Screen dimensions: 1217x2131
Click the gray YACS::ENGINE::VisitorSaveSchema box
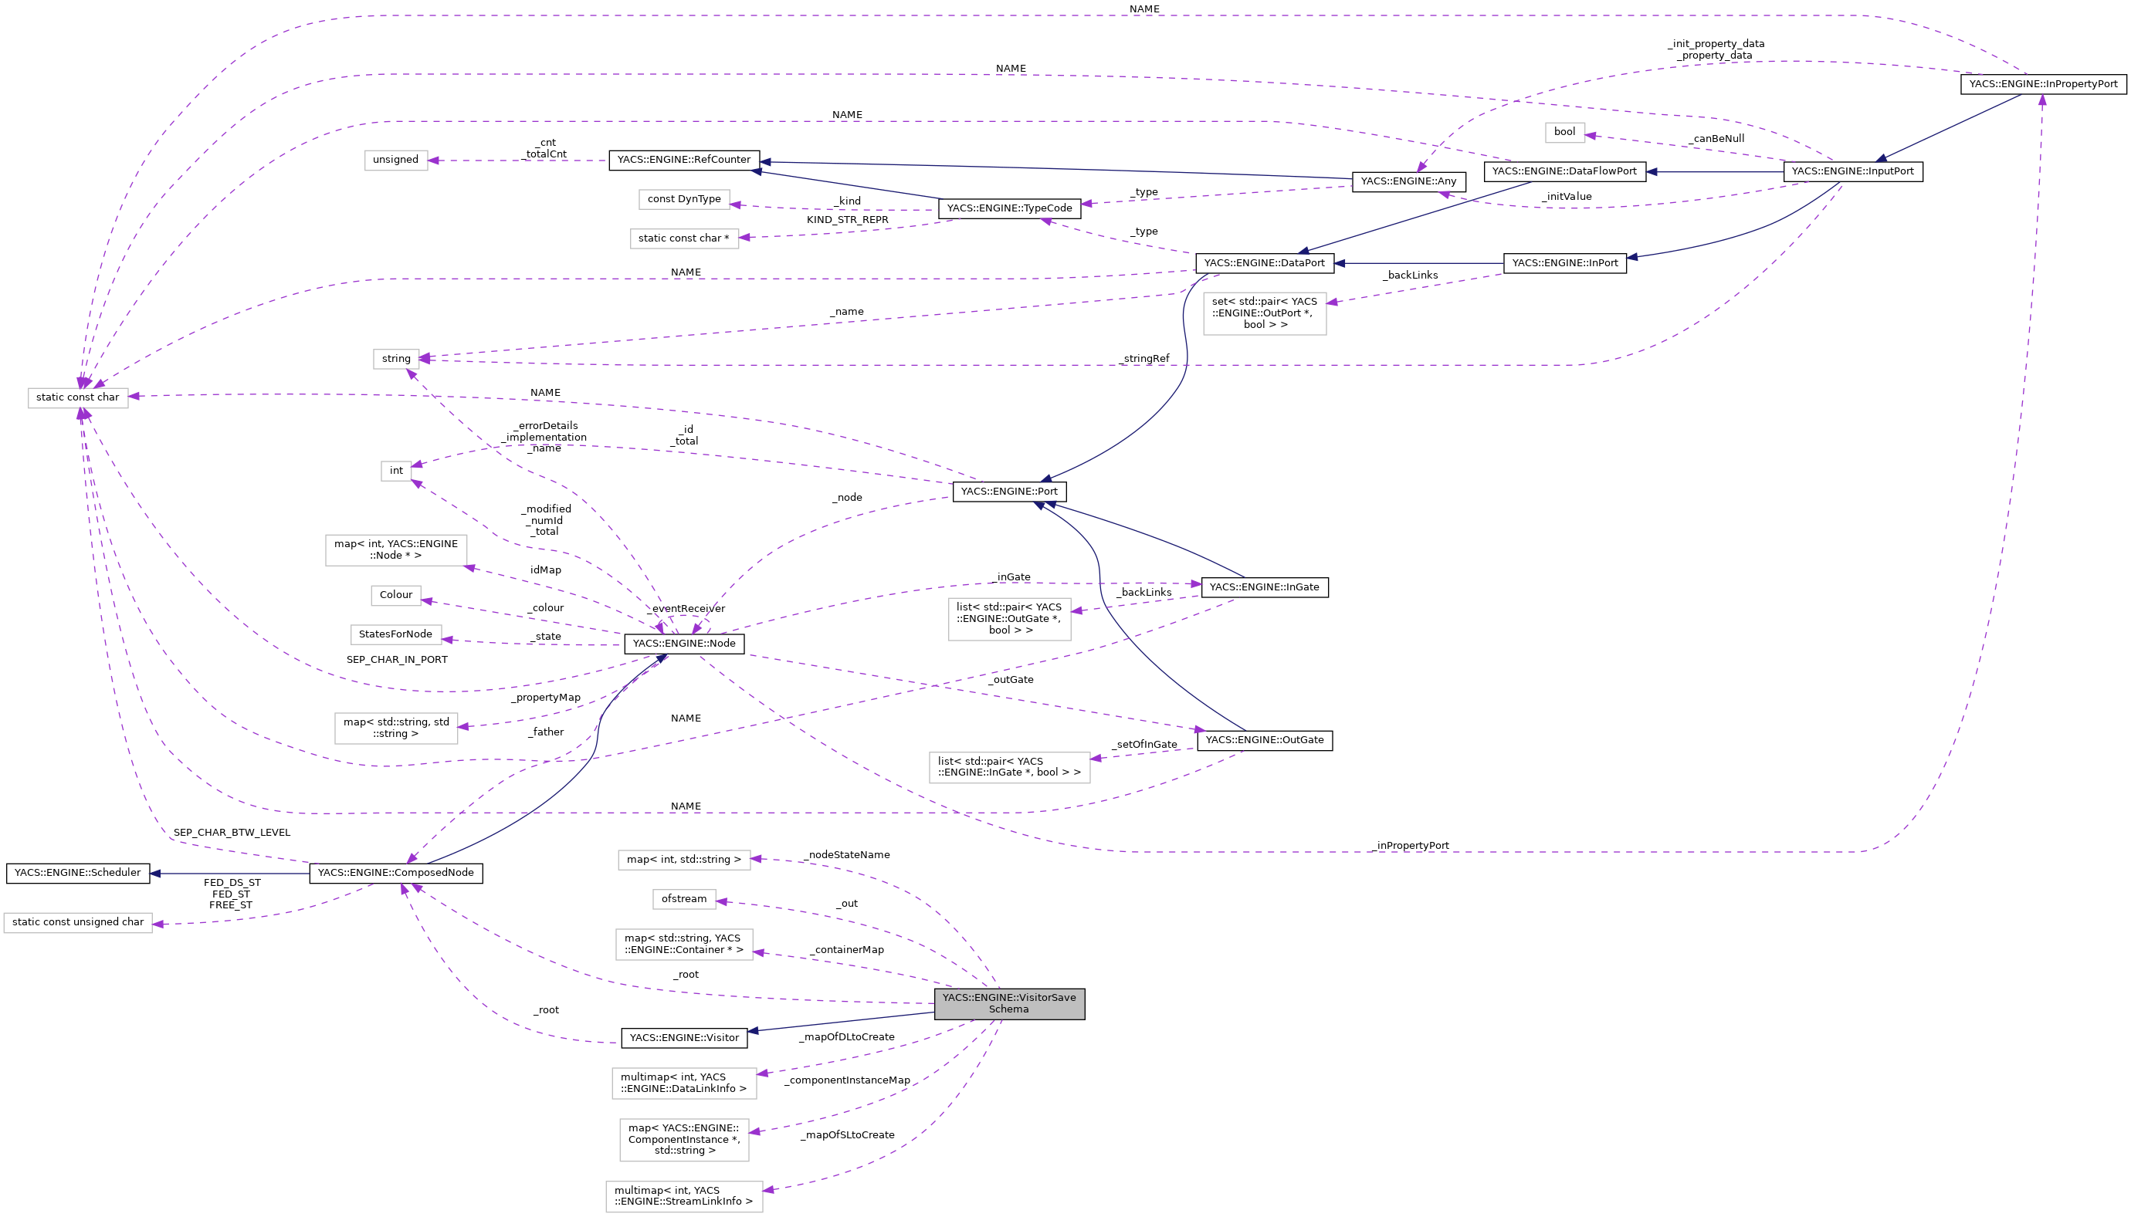(1008, 1003)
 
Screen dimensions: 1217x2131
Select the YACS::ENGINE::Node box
(683, 644)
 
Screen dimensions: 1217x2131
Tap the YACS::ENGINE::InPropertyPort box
(2042, 84)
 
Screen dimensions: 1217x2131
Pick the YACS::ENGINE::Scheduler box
(78, 873)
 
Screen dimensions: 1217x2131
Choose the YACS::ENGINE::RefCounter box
(683, 160)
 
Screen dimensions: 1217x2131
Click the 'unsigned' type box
(395, 160)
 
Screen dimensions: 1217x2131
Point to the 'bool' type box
(1564, 132)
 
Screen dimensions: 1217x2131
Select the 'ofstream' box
(683, 899)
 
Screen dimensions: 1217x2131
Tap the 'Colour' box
(395, 595)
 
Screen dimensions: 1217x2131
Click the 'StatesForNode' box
(395, 634)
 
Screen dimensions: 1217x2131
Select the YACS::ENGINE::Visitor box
(683, 1038)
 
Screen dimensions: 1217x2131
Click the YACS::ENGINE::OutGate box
(1263, 741)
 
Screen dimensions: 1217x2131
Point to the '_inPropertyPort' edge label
(1411, 846)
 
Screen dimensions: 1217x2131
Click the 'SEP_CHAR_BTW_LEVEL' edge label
(232, 833)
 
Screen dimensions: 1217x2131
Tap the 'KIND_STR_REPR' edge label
(847, 220)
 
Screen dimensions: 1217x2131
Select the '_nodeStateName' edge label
(846, 855)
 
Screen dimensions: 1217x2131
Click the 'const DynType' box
(683, 199)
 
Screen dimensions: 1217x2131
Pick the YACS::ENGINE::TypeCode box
(1008, 208)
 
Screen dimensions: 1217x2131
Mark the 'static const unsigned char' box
(78, 922)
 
